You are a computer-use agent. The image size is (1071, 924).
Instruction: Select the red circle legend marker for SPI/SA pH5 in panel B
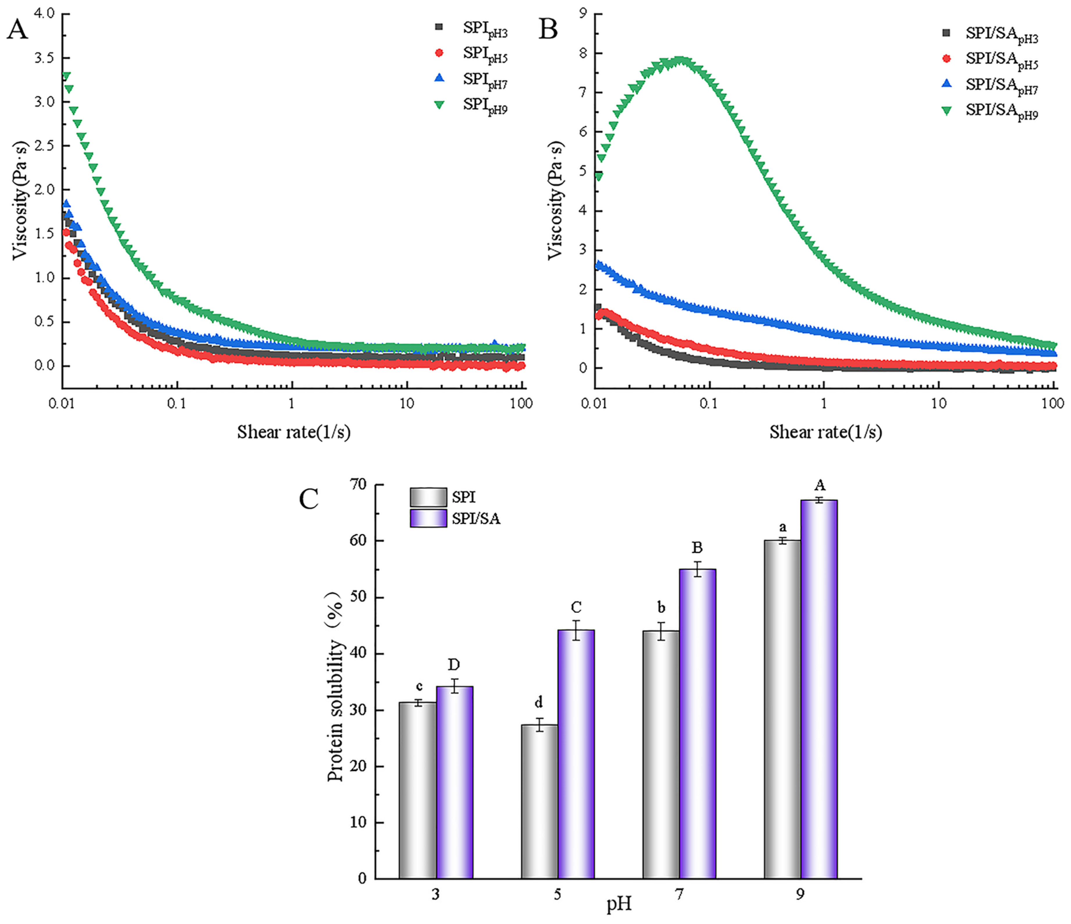click(x=946, y=59)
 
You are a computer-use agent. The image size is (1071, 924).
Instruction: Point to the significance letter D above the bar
click(x=454, y=664)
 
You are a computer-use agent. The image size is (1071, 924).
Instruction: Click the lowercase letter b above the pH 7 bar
click(x=661, y=608)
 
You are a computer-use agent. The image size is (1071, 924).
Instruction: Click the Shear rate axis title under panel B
click(x=825, y=432)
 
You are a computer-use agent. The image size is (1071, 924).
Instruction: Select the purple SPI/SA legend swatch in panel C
click(x=428, y=518)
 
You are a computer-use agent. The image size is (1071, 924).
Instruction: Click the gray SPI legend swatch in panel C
click(x=428, y=497)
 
